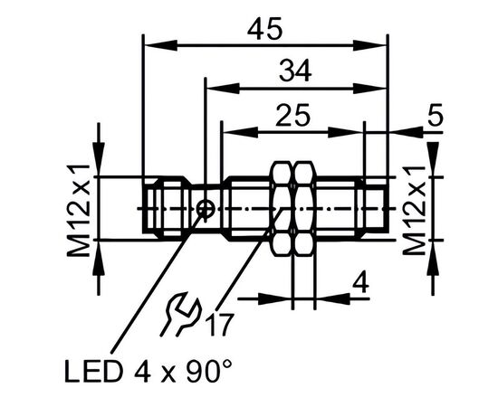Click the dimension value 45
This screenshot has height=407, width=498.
pos(264,29)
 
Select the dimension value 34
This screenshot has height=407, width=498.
pos(295,71)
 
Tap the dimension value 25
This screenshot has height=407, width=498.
pos(292,115)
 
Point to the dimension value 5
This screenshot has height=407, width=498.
pos(436,116)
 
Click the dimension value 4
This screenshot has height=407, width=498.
pos(360,283)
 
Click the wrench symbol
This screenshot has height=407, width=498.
pos(180,315)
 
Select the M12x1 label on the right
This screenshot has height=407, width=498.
pos(414,210)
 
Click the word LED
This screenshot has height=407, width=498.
pos(93,372)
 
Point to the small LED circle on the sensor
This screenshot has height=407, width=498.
pos(206,209)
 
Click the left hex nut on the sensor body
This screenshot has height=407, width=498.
pos(282,208)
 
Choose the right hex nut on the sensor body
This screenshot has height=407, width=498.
pos(304,208)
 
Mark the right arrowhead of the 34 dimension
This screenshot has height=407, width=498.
pos(370,89)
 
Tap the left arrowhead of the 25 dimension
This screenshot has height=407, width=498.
pos(240,132)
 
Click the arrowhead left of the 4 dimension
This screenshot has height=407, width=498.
pos(275,298)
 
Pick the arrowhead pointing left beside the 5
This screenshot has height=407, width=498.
pos(406,132)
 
